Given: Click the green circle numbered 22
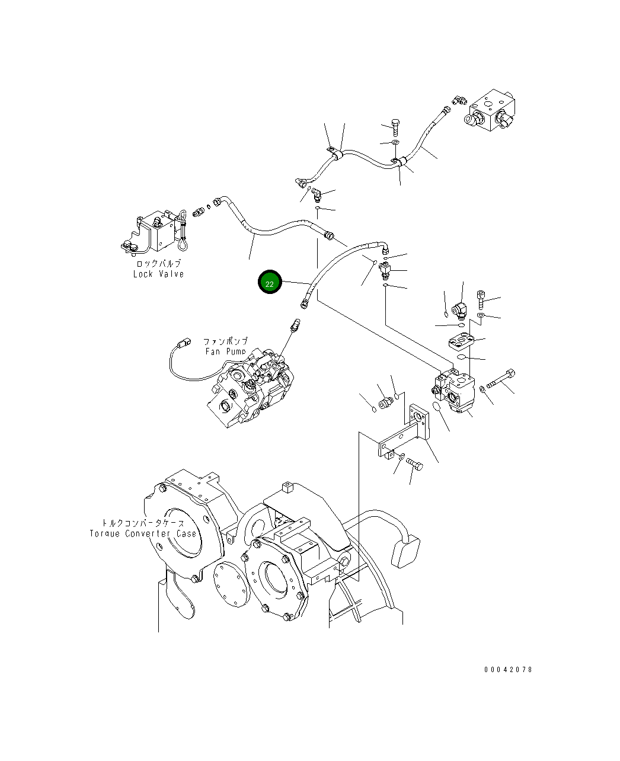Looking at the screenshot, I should (x=270, y=284).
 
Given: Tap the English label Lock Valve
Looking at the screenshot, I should (x=158, y=274).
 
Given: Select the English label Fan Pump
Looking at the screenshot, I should (x=225, y=351).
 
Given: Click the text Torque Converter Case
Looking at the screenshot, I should (x=143, y=533).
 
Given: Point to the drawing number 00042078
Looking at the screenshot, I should (x=508, y=669).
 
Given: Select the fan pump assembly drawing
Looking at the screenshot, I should (x=249, y=388).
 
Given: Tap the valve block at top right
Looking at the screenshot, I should (x=491, y=112).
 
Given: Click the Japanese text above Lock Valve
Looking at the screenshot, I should (x=158, y=263).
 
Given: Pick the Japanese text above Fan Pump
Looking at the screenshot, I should (x=225, y=341).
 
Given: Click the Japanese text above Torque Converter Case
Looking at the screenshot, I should (x=143, y=523).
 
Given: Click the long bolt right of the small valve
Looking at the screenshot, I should (x=501, y=379).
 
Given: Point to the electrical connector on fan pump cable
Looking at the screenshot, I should (x=184, y=342).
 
